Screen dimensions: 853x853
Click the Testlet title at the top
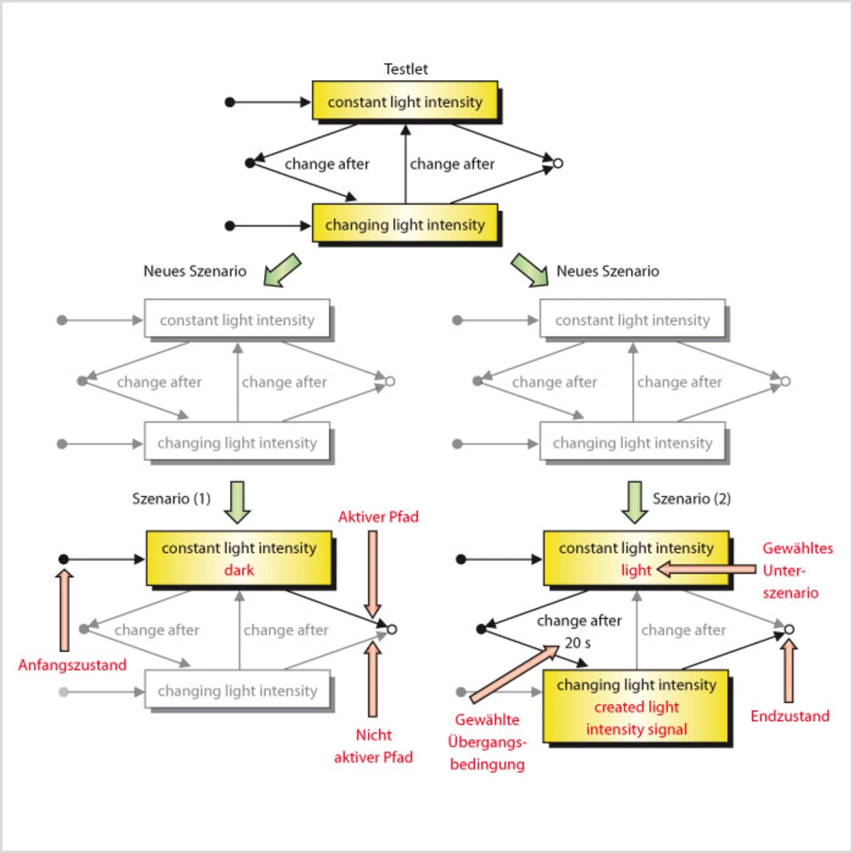405,69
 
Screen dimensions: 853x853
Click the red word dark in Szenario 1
239,570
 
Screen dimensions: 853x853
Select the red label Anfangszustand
72,665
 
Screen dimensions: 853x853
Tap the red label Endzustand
790,716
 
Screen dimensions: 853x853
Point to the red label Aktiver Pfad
378,517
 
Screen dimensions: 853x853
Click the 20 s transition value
578,643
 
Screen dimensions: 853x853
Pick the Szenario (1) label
171,499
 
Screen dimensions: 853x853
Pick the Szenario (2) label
691,499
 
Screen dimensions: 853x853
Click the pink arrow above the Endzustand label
789,670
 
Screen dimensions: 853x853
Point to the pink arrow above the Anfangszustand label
64,610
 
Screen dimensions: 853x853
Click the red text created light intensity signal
636,718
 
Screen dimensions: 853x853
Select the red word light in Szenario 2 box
636,570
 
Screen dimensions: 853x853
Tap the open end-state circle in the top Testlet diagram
558,163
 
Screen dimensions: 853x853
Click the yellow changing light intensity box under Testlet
405,225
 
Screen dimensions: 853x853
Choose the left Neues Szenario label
195,271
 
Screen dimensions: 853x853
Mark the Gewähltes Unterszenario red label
797,570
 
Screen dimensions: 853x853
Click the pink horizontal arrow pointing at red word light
706,570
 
